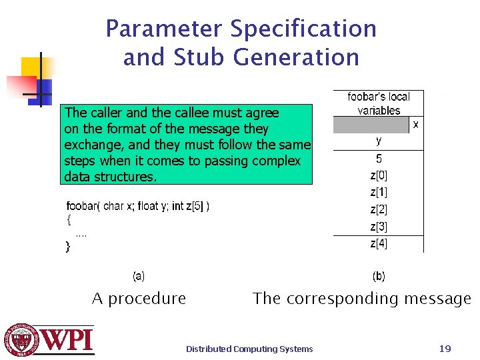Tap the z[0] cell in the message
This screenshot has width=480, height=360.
[x=379, y=176]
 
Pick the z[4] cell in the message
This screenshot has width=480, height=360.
[x=379, y=244]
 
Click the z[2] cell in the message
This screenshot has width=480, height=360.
[x=379, y=210]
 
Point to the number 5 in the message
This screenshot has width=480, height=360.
[x=379, y=159]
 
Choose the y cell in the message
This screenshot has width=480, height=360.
[x=379, y=141]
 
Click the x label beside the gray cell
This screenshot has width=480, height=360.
[x=416, y=124]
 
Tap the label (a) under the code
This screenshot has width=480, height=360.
[x=139, y=275]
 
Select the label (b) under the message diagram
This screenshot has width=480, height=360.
[x=378, y=275]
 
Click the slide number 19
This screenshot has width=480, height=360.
[x=445, y=348]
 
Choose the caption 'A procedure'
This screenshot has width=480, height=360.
[x=139, y=299]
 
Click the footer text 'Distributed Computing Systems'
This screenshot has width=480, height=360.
[x=249, y=349]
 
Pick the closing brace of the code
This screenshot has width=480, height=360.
[x=67, y=247]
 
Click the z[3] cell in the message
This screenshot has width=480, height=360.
[x=379, y=227]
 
